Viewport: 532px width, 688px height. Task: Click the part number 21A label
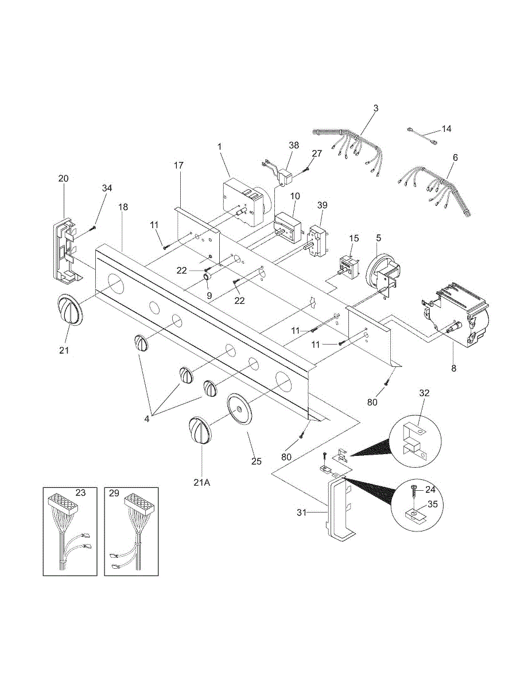[x=201, y=482]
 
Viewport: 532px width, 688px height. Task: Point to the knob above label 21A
[x=200, y=429]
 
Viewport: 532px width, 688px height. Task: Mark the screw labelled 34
[x=92, y=229]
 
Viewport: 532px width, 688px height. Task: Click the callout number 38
[x=294, y=146]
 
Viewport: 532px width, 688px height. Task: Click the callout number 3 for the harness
[x=375, y=108]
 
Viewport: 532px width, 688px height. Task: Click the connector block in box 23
[x=63, y=503]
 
